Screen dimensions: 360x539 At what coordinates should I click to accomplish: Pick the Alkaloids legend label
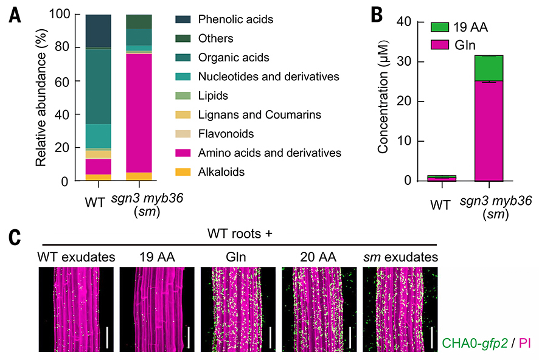coord(221,172)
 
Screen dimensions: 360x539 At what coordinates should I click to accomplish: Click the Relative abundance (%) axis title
coord(42,97)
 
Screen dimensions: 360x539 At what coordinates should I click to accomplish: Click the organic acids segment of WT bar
coord(98,86)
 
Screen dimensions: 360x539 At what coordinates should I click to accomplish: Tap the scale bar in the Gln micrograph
coord(270,337)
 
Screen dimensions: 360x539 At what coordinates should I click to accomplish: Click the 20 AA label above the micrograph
coord(317,257)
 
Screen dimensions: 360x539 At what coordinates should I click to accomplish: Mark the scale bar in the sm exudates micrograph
coord(433,337)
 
